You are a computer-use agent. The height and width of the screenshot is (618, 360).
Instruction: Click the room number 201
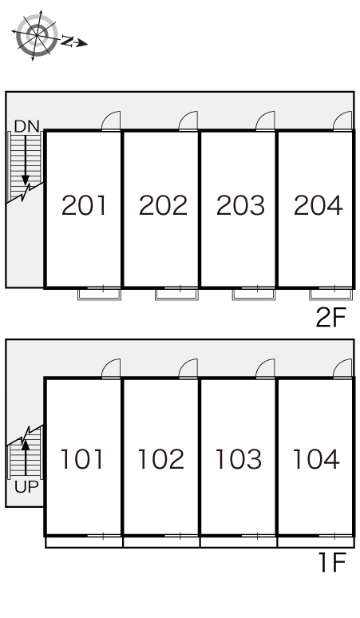[x=84, y=205]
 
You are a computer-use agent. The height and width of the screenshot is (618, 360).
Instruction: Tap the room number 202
[x=163, y=205]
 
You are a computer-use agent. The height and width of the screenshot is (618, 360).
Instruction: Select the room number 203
[x=240, y=205]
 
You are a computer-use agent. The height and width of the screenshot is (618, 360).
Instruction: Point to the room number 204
[x=318, y=205]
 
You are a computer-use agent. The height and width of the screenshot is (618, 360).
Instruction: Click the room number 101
[x=82, y=459]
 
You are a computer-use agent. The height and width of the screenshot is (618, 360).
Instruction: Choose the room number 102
[x=161, y=459]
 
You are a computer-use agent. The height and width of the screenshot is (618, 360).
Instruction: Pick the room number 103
[x=239, y=459]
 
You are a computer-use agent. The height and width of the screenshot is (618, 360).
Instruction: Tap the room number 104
[x=316, y=459]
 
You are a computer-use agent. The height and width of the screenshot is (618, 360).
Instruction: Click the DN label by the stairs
[x=27, y=126]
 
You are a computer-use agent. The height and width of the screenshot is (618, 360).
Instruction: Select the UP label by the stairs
[x=26, y=487]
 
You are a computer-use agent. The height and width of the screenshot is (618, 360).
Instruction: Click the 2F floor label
[x=330, y=318]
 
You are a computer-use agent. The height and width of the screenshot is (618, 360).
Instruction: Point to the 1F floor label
[x=332, y=562]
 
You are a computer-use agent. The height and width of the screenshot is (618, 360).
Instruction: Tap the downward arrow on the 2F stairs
[x=26, y=160]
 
